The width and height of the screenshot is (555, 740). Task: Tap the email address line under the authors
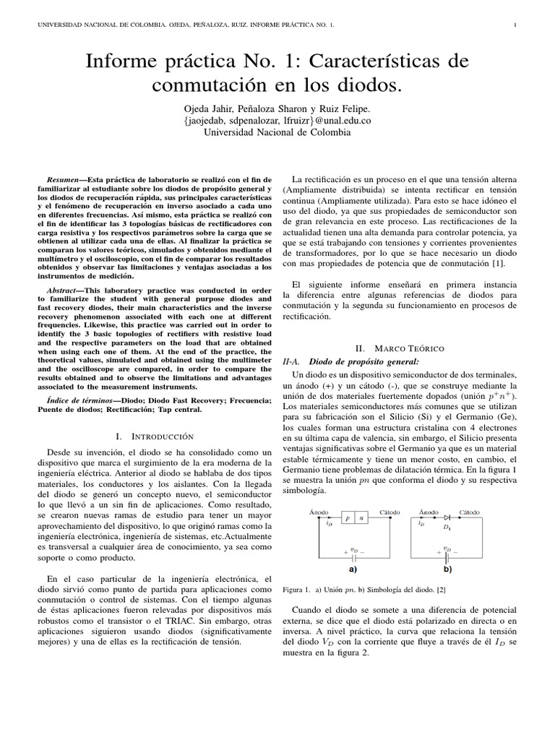[x=277, y=121]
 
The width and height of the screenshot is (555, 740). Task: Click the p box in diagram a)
[x=348, y=518]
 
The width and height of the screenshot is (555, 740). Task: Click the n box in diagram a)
[x=361, y=518]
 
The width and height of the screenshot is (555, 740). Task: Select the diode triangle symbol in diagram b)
[x=447, y=517]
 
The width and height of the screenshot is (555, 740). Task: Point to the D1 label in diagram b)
[x=447, y=527]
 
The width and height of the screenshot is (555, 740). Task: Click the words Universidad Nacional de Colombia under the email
[x=277, y=133]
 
